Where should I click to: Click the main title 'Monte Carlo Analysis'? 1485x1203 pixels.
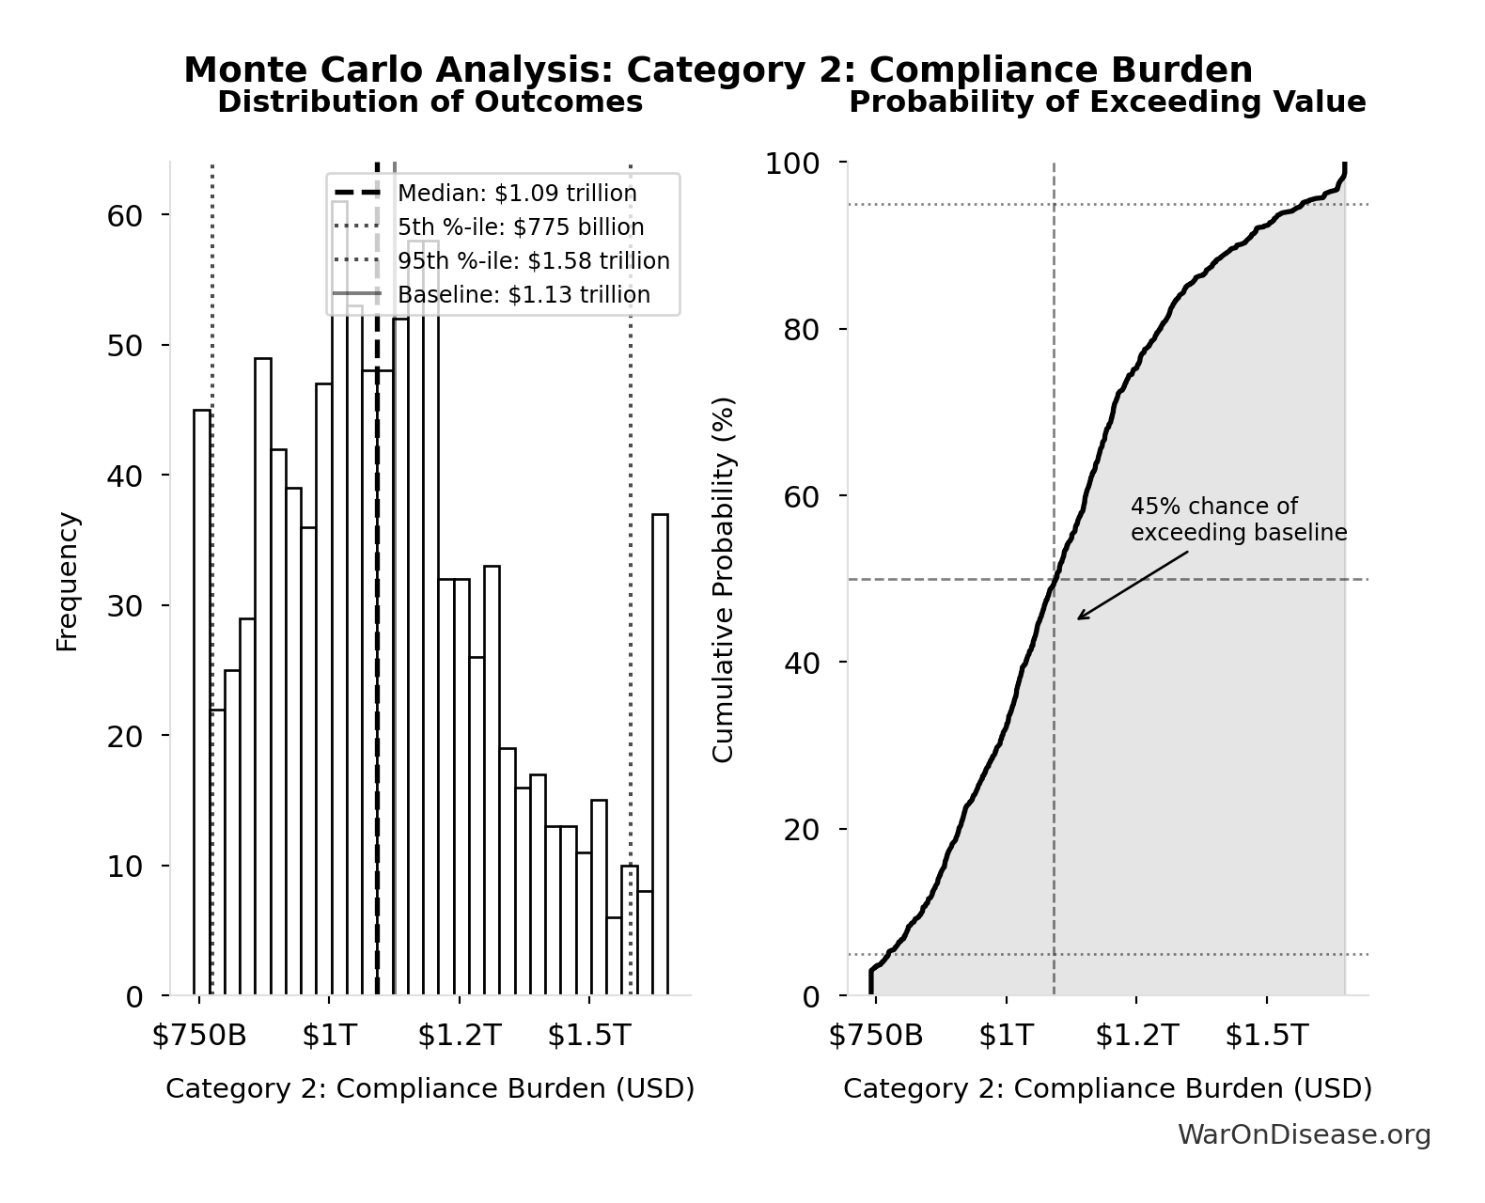pos(717,70)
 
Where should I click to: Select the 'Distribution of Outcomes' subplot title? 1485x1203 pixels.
pos(430,102)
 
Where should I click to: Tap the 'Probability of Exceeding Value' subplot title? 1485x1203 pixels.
pos(1107,102)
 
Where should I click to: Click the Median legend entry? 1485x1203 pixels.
pos(517,194)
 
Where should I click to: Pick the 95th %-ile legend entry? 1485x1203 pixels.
pos(533,261)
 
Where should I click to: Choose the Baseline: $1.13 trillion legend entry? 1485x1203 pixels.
pos(524,295)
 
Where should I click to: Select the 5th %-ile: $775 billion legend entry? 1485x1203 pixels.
pos(521,227)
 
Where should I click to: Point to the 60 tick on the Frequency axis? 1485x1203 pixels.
pos(124,216)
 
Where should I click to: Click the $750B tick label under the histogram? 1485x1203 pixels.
pos(199,1036)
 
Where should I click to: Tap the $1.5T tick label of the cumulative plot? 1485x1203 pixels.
pos(1266,1036)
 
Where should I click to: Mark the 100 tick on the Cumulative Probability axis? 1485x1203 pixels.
pos(791,164)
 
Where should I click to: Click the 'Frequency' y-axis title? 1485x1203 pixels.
pos(68,581)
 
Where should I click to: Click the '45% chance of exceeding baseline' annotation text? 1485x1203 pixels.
pos(1238,520)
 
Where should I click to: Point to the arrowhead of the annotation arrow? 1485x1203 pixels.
pos(1079,618)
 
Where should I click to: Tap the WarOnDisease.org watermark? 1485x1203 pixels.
pos(1304,1135)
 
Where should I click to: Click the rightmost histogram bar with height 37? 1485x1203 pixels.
pos(660,754)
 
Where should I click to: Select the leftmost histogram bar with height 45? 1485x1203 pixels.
pos(202,702)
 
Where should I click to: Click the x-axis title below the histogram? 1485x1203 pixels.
pos(430,1088)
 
